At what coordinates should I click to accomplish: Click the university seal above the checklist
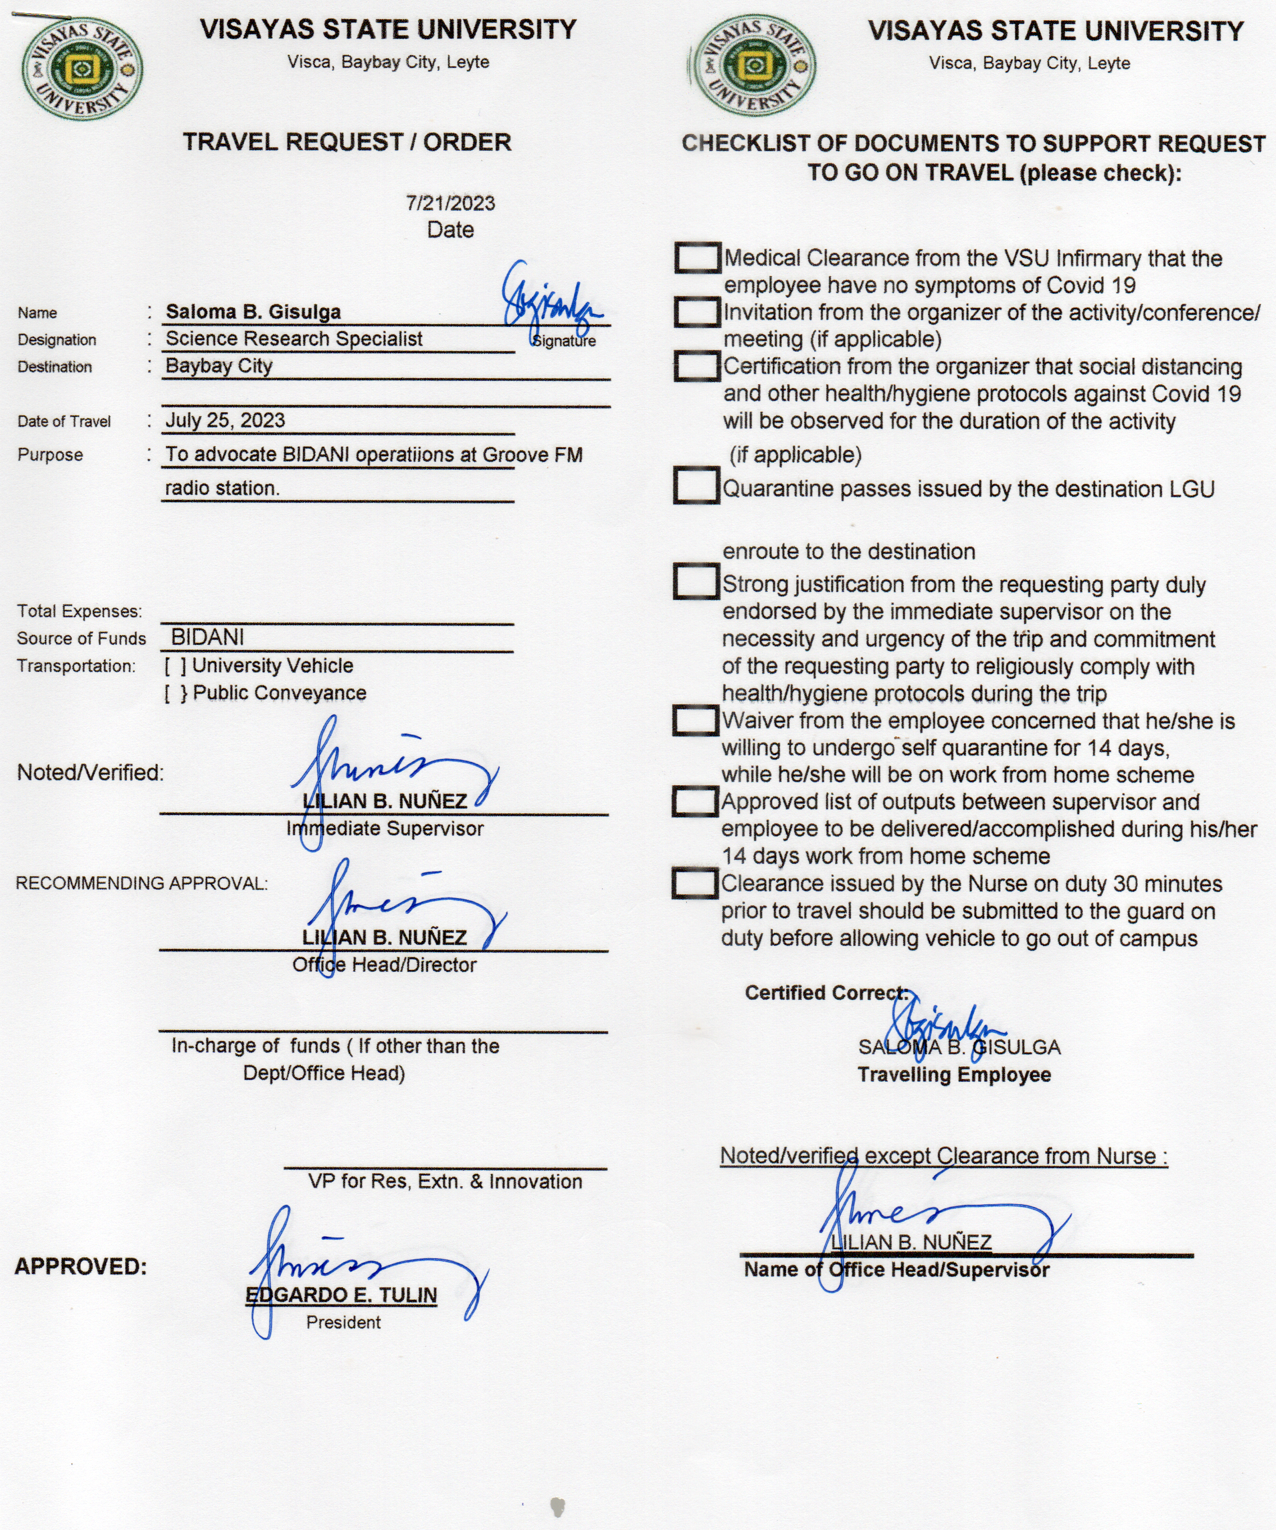[x=754, y=69]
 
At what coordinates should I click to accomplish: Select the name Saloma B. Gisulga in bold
[x=253, y=312]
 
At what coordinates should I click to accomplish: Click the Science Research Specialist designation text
[x=294, y=339]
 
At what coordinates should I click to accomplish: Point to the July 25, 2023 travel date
[x=225, y=420]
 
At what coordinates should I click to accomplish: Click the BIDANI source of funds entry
[x=208, y=637]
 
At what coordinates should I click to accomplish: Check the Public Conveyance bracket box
[x=176, y=693]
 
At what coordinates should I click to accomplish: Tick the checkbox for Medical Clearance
[x=697, y=258]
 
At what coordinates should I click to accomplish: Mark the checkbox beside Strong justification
[x=695, y=581]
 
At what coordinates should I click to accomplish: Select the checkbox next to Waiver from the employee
[x=695, y=720]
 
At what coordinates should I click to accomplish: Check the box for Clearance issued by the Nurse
[x=694, y=884]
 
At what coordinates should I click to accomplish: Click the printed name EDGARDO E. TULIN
[x=341, y=1295]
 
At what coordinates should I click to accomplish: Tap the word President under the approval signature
[x=343, y=1322]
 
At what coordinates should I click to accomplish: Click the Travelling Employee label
[x=954, y=1074]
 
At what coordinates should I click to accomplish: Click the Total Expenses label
[x=79, y=611]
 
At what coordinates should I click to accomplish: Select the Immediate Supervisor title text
[x=385, y=828]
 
